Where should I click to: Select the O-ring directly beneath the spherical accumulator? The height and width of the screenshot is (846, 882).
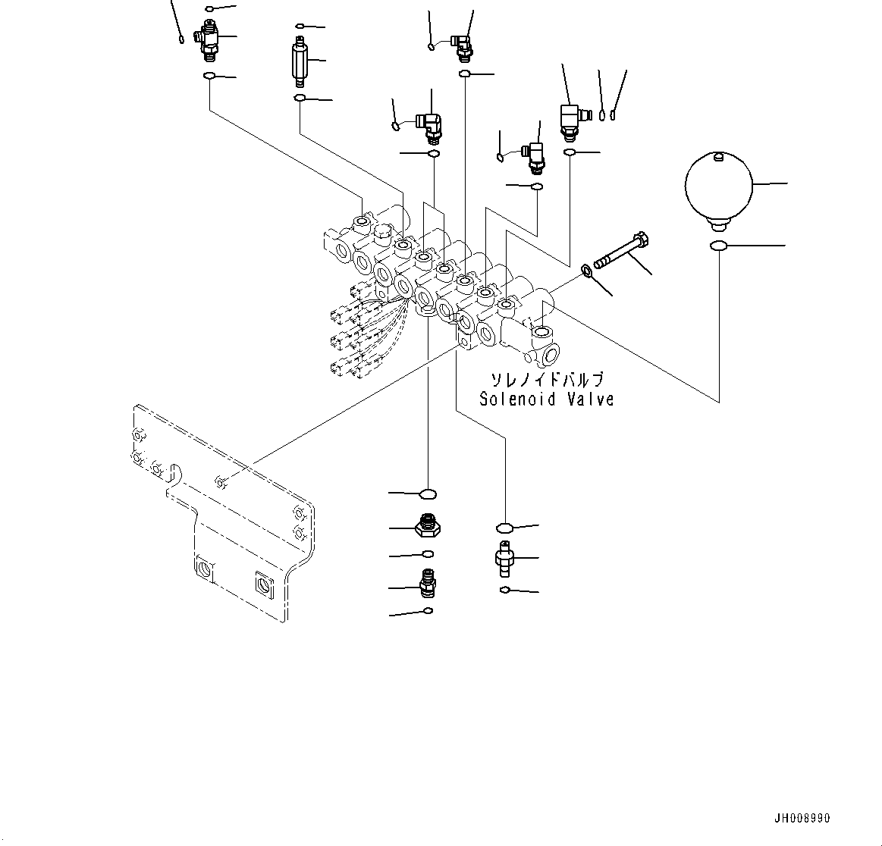coord(719,246)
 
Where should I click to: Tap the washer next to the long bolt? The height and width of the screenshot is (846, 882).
coord(587,270)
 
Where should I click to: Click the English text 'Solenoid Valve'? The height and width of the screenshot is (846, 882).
coord(546,399)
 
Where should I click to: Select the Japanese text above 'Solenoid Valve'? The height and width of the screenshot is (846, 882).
coord(546,379)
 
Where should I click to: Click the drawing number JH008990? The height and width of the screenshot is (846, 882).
coord(802,819)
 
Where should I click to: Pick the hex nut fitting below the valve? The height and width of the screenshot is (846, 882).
coord(428,525)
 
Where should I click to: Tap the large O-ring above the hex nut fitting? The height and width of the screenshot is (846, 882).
coord(428,494)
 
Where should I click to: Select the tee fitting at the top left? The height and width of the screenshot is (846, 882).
coord(207,38)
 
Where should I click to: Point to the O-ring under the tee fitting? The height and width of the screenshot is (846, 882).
coord(209,76)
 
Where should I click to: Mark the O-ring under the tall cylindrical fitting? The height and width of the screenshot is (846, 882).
coord(300,99)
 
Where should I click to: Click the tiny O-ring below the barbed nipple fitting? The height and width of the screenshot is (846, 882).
coord(505,590)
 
